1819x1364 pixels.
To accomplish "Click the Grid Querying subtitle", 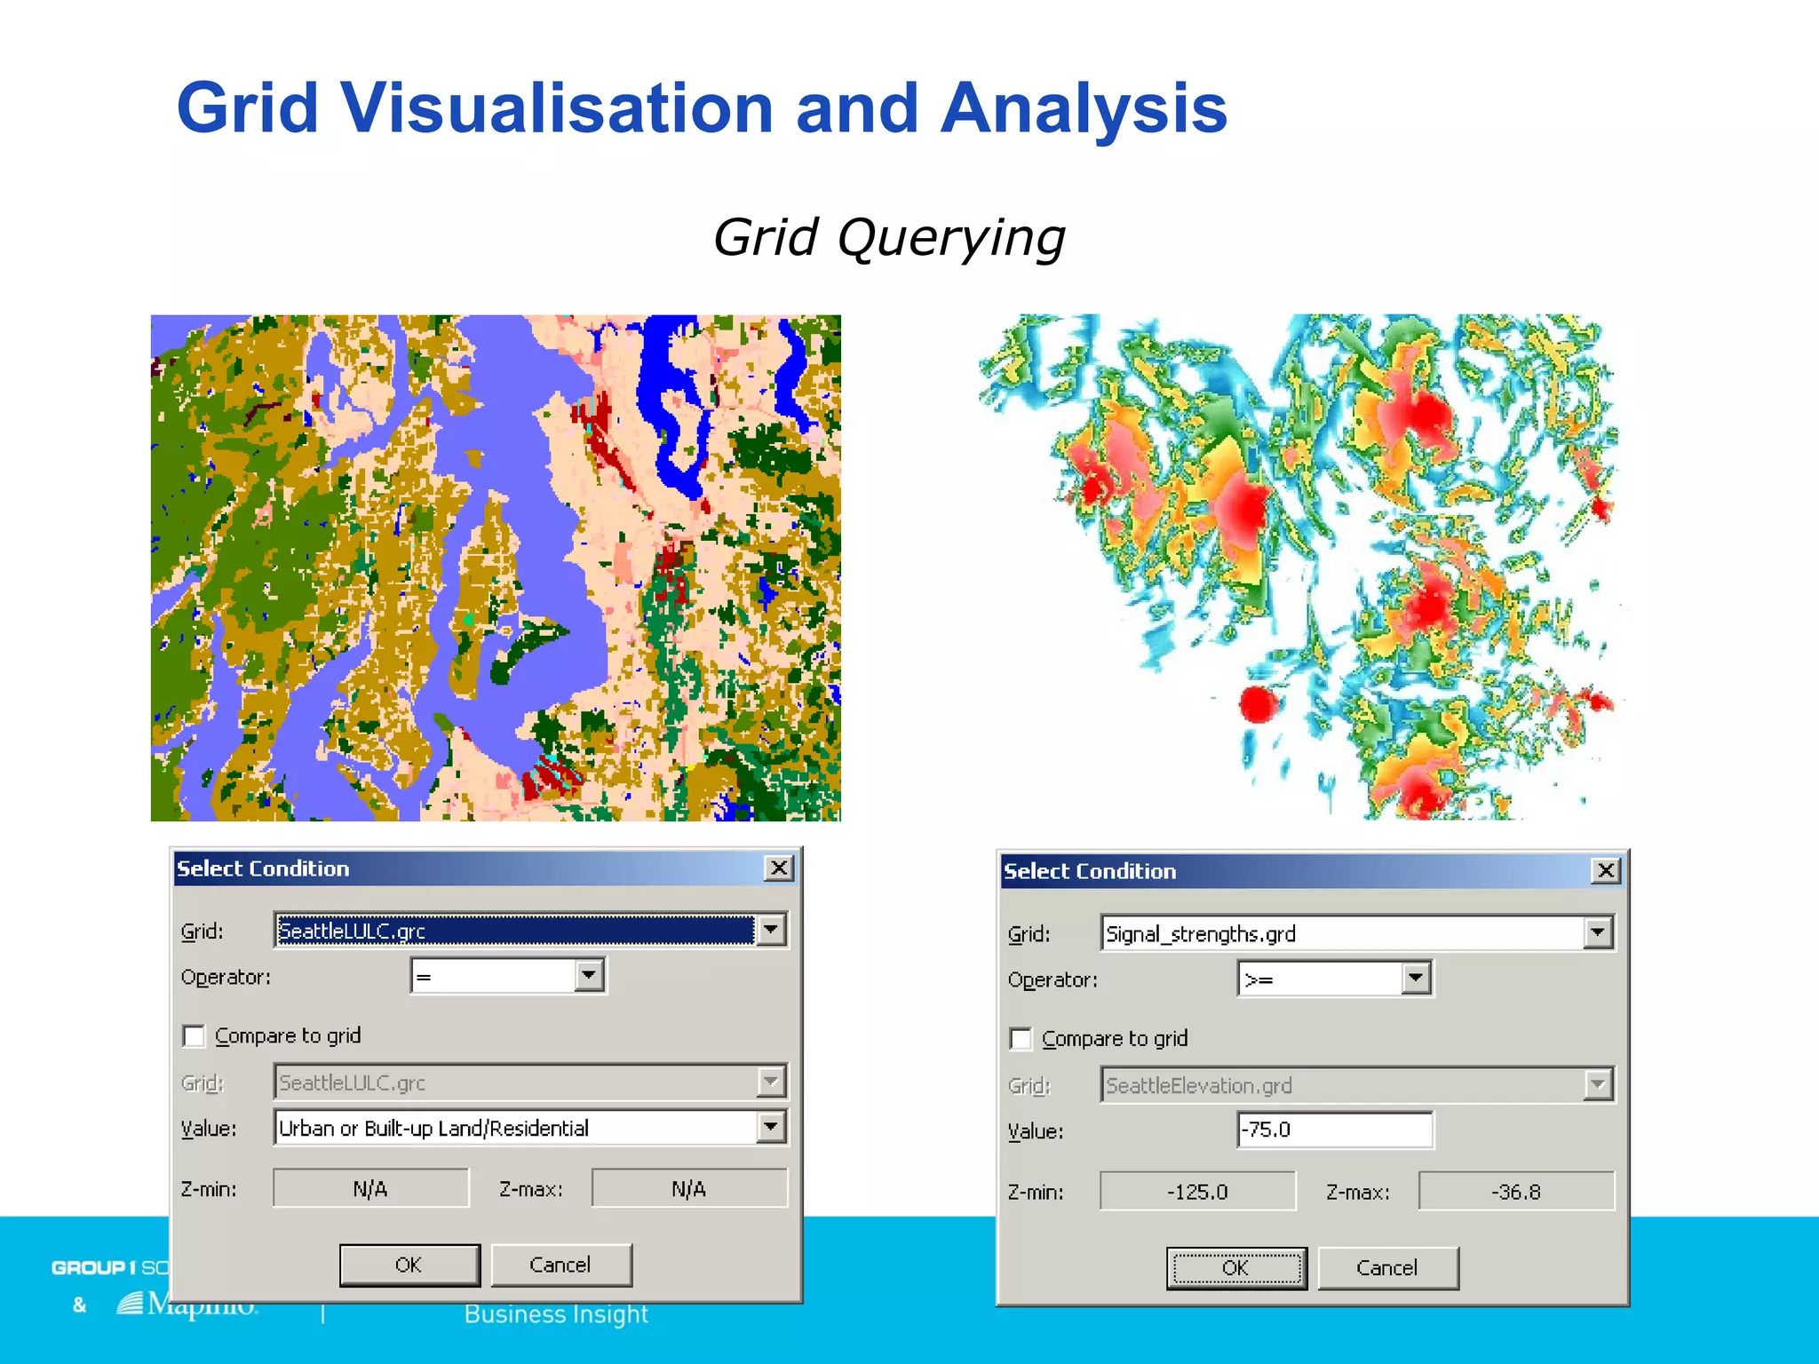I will pyautogui.click(x=888, y=238).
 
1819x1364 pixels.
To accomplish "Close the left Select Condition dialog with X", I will pyautogui.click(x=778, y=868).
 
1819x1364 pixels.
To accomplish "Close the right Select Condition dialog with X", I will pyautogui.click(x=1605, y=870).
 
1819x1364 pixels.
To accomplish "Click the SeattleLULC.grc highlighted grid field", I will pyautogui.click(x=515, y=931).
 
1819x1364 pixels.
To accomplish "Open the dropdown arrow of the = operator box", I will pyautogui.click(x=588, y=976).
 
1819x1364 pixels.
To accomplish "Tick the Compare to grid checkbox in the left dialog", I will pyautogui.click(x=194, y=1036).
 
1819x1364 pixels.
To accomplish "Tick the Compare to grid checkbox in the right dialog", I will pyautogui.click(x=1021, y=1039).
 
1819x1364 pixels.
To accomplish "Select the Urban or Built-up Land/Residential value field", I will pyautogui.click(x=515, y=1128).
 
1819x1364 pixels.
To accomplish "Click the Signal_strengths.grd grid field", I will pyautogui.click(x=1341, y=933).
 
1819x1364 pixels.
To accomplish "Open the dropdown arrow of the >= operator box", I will pyautogui.click(x=1416, y=979).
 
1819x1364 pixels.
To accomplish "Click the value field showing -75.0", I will pyautogui.click(x=1334, y=1130).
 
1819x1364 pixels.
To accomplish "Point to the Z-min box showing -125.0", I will pyautogui.click(x=1197, y=1192).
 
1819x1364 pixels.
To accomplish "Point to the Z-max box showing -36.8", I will pyautogui.click(x=1515, y=1192).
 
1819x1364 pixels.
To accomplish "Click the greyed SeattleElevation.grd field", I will pyautogui.click(x=1341, y=1085).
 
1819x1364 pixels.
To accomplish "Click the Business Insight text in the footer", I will pyautogui.click(x=556, y=1314).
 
